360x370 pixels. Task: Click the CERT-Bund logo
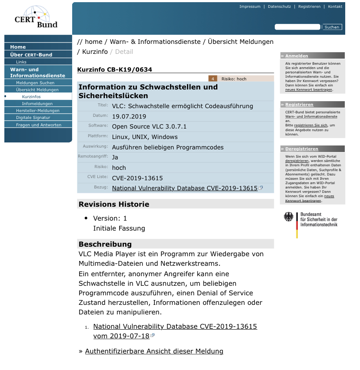pos(37,18)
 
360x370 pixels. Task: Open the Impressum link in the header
pos(250,7)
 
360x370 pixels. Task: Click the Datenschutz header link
pos(279,7)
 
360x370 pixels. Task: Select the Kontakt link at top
pos(335,7)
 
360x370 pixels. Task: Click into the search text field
pos(297,27)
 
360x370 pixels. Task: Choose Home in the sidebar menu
pos(18,47)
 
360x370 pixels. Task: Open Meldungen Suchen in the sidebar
pos(35,83)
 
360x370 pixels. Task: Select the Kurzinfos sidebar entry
pos(31,96)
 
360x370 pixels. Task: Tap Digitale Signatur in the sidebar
pos(33,118)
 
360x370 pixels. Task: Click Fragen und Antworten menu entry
pos(39,125)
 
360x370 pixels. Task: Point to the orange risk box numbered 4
pos(213,79)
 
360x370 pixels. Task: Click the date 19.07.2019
pos(129,116)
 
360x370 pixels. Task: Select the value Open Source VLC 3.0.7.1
pos(149,127)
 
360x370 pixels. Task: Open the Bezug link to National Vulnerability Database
pos(185,188)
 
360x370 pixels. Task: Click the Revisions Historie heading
pos(114,204)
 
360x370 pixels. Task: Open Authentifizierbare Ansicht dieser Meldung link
pos(154,351)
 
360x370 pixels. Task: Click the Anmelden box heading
pos(297,56)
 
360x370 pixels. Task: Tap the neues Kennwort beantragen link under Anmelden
pos(309,89)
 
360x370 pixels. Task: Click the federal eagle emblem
pos(288,217)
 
